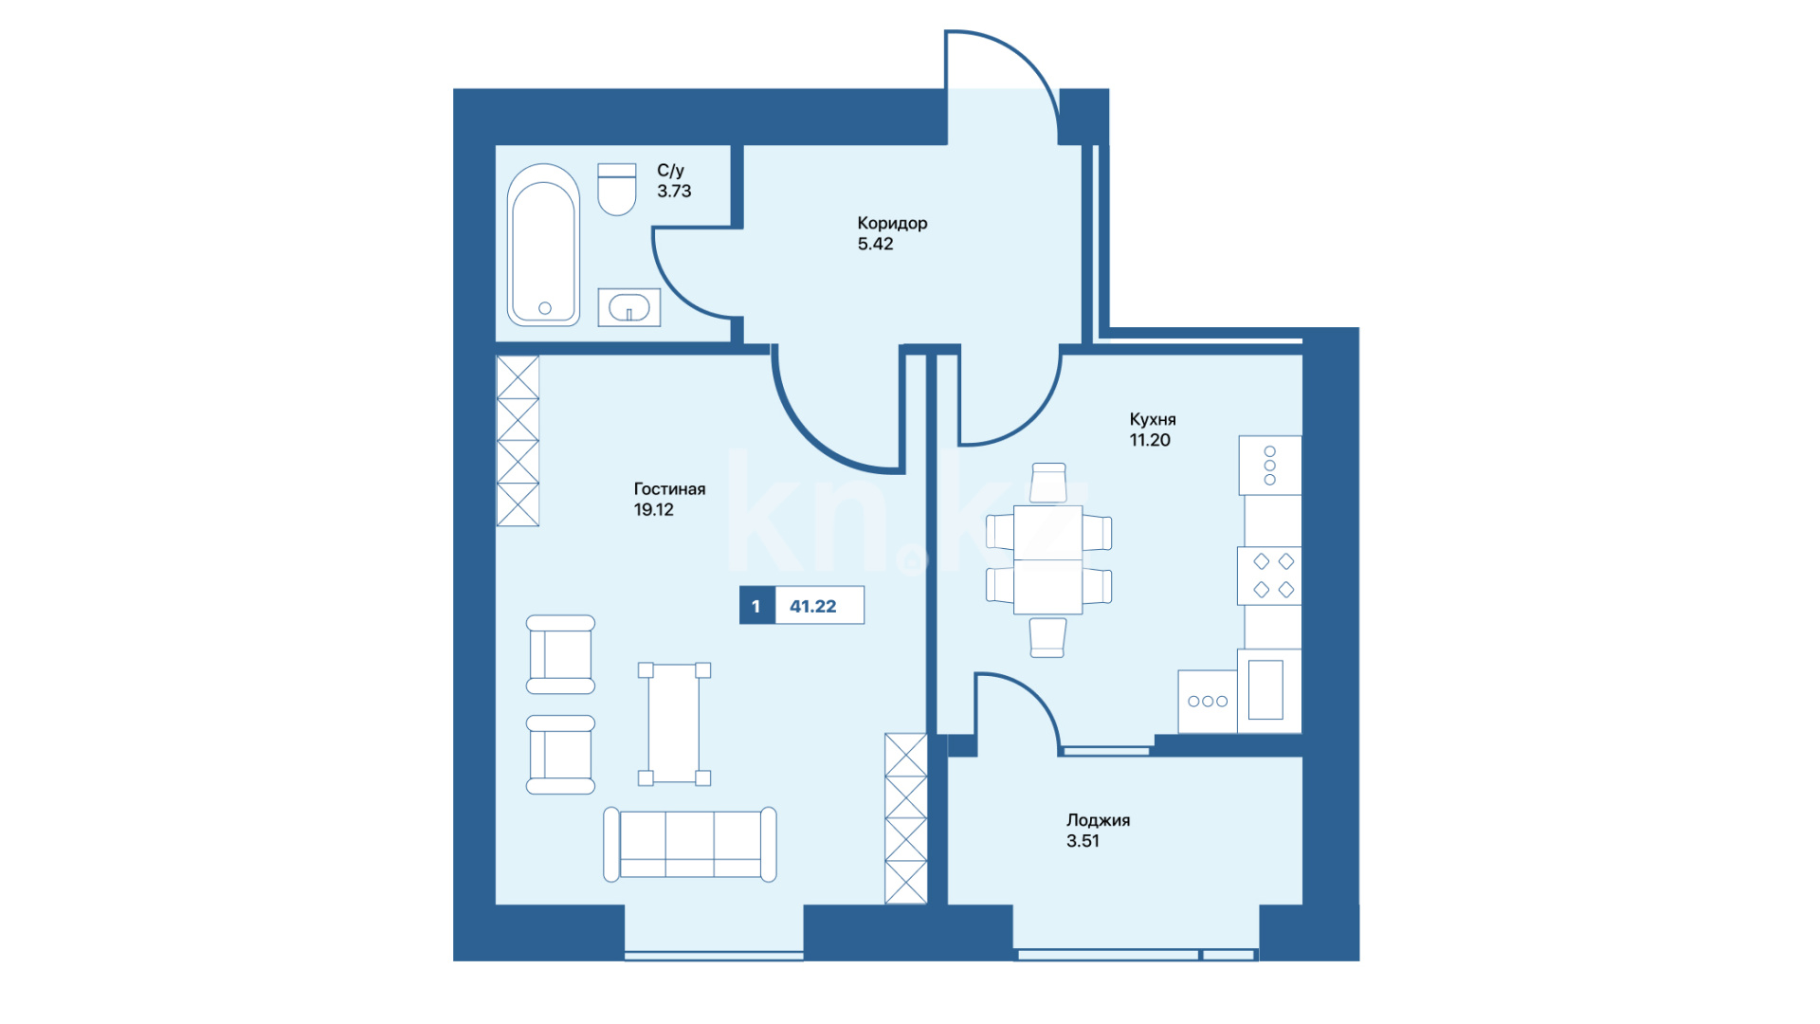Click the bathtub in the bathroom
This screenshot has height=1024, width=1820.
pyautogui.click(x=543, y=246)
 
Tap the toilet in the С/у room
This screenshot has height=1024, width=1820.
pyautogui.click(x=616, y=190)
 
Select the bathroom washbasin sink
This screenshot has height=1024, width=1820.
pyautogui.click(x=628, y=307)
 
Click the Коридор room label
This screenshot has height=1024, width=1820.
pyautogui.click(x=892, y=224)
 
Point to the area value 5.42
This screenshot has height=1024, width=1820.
pyautogui.click(x=875, y=244)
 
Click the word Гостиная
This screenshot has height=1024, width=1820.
pyautogui.click(x=669, y=489)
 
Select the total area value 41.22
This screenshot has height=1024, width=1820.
pyautogui.click(x=813, y=607)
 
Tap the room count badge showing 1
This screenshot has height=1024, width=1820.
pyautogui.click(x=756, y=606)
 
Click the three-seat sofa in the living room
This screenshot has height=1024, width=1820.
pyautogui.click(x=690, y=844)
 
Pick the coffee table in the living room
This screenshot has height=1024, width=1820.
pyautogui.click(x=674, y=723)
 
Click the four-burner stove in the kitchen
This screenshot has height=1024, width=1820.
pyautogui.click(x=1269, y=576)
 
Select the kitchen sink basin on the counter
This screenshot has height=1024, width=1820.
pyautogui.click(x=1265, y=690)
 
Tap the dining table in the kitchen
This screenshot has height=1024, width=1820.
pyautogui.click(x=1048, y=559)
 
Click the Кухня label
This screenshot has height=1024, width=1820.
pyautogui.click(x=1153, y=419)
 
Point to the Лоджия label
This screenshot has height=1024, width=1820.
pyautogui.click(x=1098, y=820)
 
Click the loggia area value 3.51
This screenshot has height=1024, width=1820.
pyautogui.click(x=1083, y=841)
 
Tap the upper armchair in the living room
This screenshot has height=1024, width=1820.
pyautogui.click(x=560, y=654)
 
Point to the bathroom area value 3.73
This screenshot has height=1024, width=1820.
pyautogui.click(x=674, y=191)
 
